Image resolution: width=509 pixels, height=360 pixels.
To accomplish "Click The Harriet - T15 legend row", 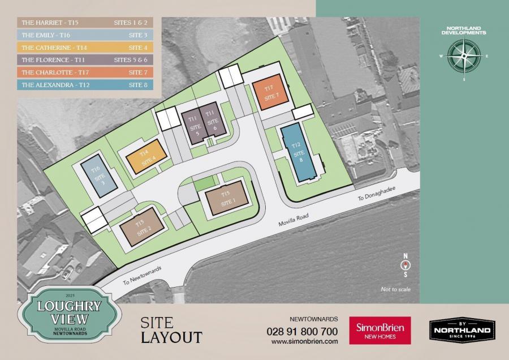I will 85,23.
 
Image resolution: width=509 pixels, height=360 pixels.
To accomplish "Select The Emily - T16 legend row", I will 85,36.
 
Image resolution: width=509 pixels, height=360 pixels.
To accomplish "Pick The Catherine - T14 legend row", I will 85,48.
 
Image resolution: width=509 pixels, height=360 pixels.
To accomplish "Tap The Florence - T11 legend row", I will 85,60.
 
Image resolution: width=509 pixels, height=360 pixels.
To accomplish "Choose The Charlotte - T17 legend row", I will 85,72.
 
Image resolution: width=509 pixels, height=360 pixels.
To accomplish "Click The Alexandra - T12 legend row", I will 85,85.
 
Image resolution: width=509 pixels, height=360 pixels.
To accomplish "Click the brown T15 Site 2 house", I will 141,228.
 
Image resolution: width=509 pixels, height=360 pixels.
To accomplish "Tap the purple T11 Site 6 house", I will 212,121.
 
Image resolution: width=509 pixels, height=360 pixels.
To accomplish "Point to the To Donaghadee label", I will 375,196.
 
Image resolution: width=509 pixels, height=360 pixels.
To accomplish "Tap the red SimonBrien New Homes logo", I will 380,331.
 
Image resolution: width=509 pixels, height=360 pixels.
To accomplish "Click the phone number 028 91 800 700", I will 302,331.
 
